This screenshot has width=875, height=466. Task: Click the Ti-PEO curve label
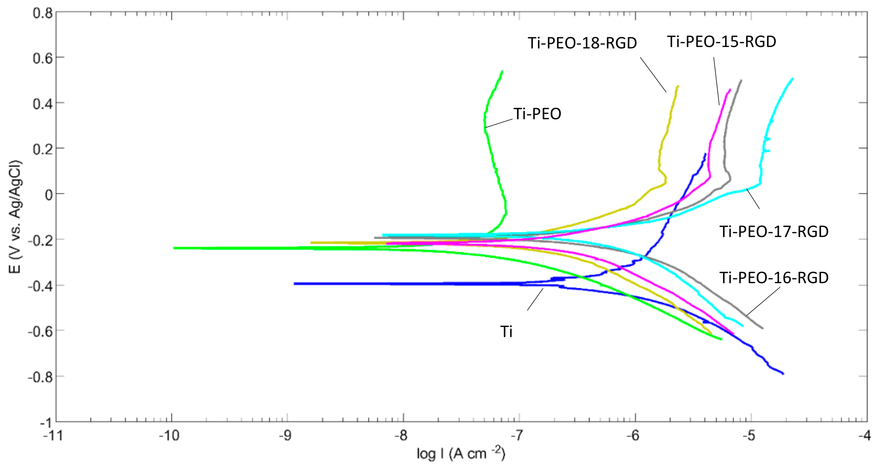tap(537, 114)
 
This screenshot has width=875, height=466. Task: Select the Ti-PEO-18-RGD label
tap(582, 43)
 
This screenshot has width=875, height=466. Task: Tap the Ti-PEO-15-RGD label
tap(722, 42)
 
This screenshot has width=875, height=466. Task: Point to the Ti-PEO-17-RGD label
tap(774, 232)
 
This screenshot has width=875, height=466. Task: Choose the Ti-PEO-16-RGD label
tap(774, 278)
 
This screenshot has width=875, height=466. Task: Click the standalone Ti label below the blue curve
tap(506, 332)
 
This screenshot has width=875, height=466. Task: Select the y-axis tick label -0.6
tap(41, 331)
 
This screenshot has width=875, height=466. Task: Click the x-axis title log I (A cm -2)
tap(461, 453)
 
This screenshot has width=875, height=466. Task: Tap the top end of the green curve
tap(502, 71)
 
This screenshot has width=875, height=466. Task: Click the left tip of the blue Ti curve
tap(295, 284)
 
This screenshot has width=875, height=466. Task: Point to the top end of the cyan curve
tap(792, 79)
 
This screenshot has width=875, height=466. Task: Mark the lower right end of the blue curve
tap(783, 374)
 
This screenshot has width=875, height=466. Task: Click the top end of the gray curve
tap(741, 81)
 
